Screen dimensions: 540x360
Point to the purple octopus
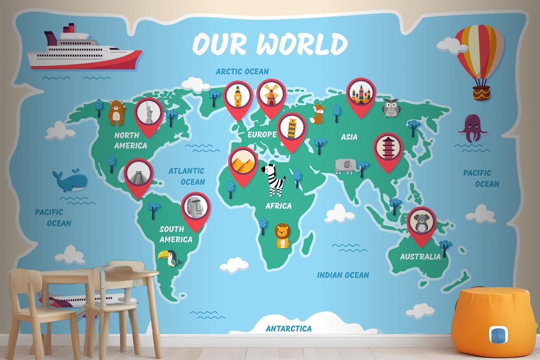pos(471,128)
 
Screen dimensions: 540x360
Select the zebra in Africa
pos(274,179)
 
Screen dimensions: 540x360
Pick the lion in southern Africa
pos(282,236)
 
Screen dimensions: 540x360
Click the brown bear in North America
pos(117,113)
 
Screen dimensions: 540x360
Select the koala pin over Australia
pos(421,223)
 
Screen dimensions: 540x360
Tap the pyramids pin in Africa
pos(243,162)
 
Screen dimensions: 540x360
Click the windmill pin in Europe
pos(271,95)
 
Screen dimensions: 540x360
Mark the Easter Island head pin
pos(196,208)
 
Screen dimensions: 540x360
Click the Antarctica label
pos(288,328)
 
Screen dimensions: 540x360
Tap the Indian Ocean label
pos(343,275)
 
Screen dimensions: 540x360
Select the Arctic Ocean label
pos(242,71)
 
